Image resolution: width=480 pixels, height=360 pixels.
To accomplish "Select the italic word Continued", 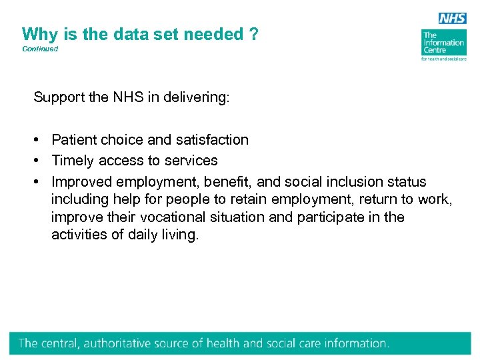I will (40, 49).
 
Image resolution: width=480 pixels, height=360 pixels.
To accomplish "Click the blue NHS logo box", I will (452, 18).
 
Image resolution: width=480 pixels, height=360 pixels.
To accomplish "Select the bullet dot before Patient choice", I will (41, 140).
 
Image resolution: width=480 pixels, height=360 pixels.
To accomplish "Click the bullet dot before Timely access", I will (41, 161).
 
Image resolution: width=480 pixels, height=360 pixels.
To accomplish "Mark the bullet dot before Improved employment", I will (41, 182).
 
